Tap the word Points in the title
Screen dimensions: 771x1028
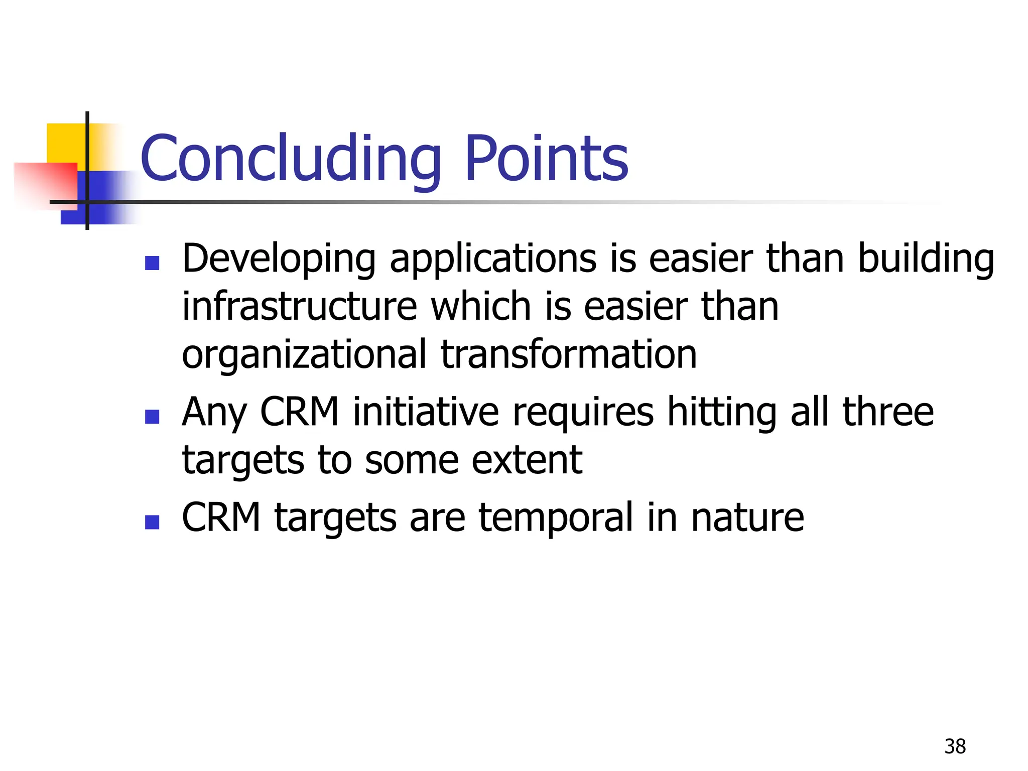tap(546, 159)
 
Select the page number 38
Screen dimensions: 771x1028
tap(955, 746)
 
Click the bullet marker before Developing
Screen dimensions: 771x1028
tap(152, 263)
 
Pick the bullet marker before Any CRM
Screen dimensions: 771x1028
tap(152, 417)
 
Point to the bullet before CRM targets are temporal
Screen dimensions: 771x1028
tap(152, 523)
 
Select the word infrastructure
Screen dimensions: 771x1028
tap(299, 307)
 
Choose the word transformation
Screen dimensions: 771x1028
tap(569, 354)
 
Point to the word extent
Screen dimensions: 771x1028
tap(527, 461)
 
